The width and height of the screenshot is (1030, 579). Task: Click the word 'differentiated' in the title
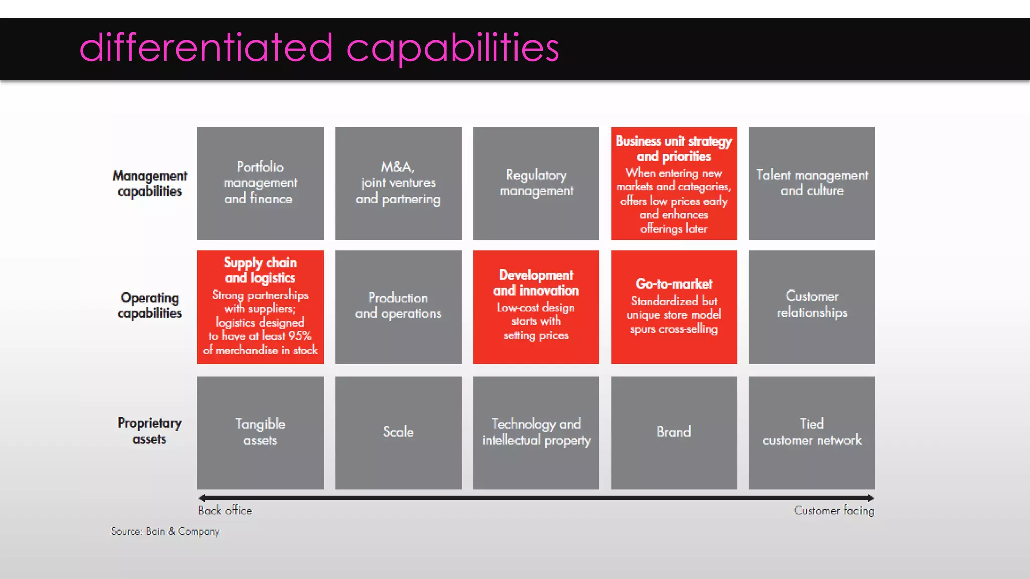tap(206, 48)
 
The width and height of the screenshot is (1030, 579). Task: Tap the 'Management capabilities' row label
tap(149, 183)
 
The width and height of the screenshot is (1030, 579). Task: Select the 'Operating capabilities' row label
tap(149, 305)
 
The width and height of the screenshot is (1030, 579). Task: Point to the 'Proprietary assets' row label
tap(149, 431)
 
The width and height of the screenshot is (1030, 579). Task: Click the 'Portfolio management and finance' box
tap(260, 183)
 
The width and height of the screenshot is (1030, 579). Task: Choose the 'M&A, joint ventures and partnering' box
tap(398, 183)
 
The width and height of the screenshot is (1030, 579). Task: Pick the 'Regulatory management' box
tap(536, 183)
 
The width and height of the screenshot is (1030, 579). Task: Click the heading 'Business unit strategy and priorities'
tap(673, 149)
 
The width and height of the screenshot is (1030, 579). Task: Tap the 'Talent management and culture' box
tap(812, 183)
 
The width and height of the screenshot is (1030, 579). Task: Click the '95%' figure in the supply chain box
tap(300, 336)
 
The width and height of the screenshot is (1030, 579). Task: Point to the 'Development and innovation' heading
tap(536, 283)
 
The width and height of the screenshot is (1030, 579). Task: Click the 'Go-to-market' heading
tap(674, 284)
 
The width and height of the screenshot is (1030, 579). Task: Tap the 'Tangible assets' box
tap(260, 432)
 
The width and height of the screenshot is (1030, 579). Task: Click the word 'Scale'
tap(398, 432)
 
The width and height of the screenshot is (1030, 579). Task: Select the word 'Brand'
tap(674, 432)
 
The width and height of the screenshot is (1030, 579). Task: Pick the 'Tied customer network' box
tap(812, 432)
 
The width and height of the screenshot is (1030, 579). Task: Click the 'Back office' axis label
tap(225, 510)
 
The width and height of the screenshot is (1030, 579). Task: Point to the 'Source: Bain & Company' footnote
tap(165, 531)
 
